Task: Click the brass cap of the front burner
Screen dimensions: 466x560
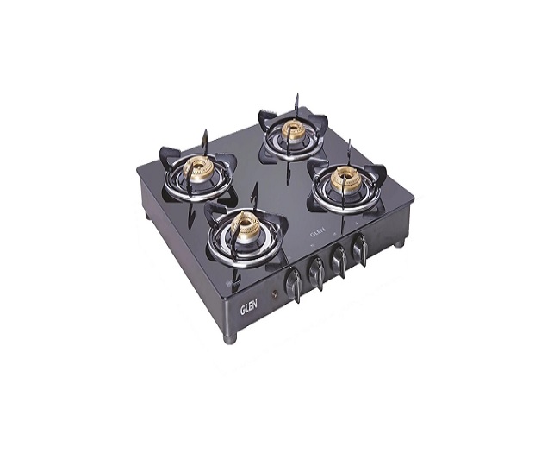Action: click(246, 227)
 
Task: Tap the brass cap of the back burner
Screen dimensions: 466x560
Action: click(295, 134)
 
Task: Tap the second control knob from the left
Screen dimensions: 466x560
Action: click(317, 269)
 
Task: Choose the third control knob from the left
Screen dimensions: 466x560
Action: click(340, 260)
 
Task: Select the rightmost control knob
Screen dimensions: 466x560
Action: click(360, 249)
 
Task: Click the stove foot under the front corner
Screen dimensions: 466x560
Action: click(228, 337)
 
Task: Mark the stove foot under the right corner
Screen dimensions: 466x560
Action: click(398, 243)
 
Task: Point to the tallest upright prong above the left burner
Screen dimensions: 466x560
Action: click(204, 138)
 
